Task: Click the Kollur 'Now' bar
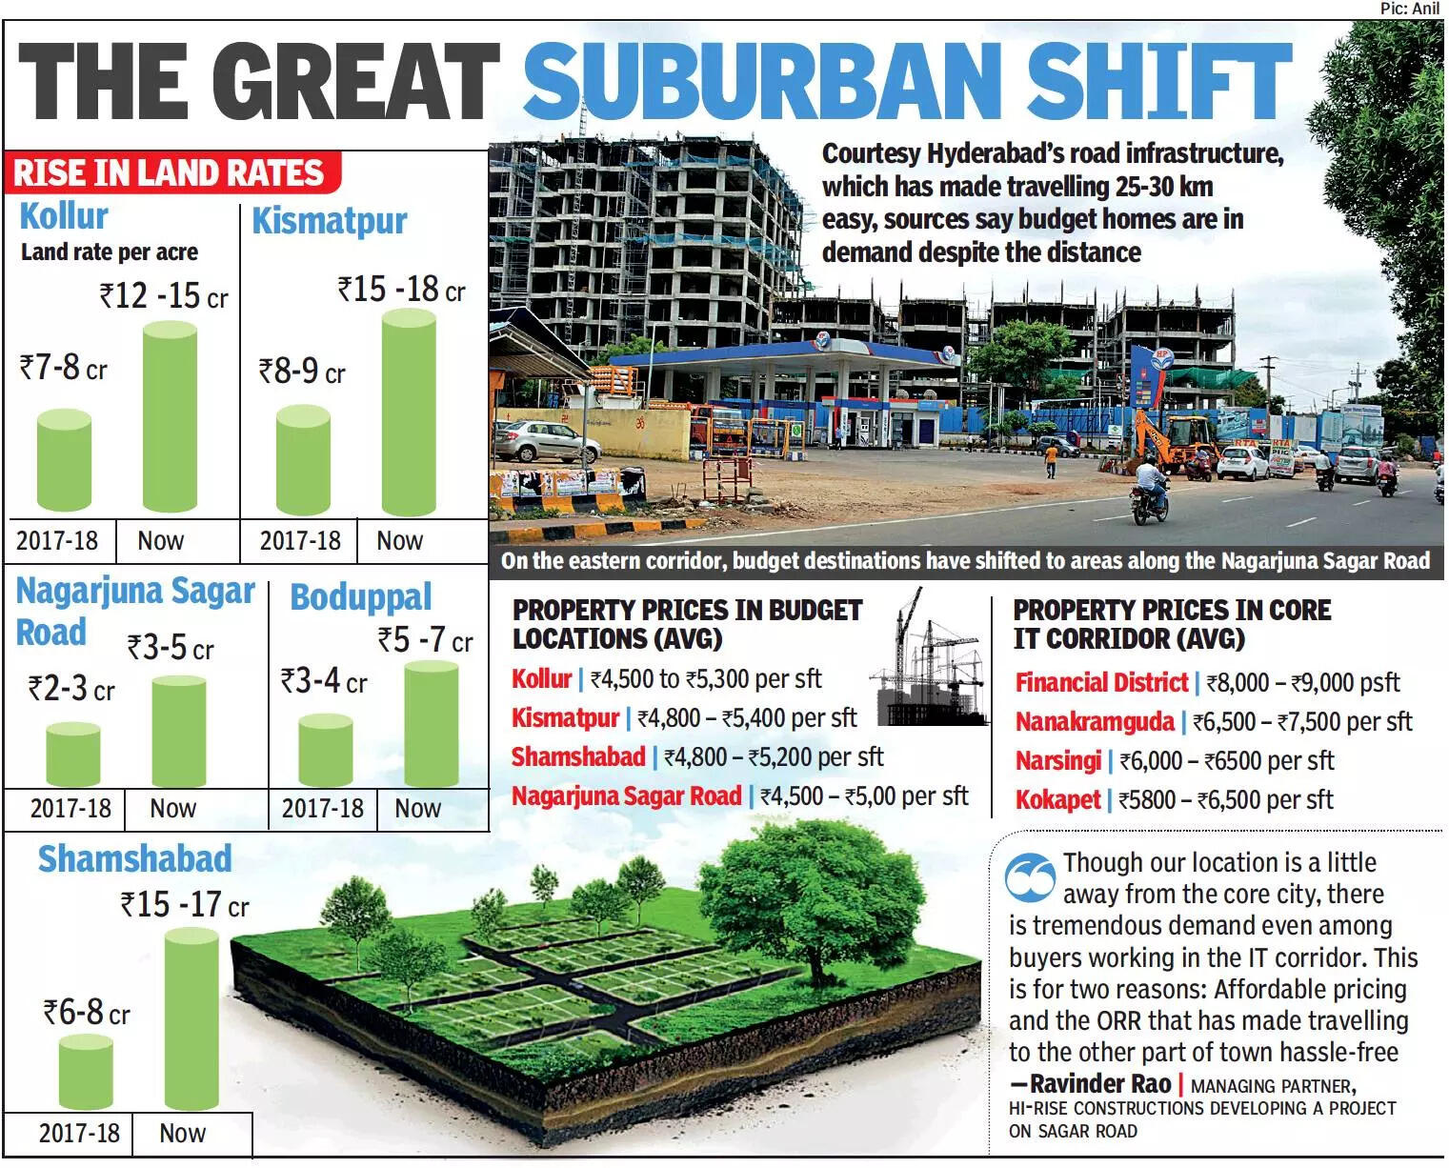tap(170, 417)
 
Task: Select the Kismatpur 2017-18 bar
tap(303, 461)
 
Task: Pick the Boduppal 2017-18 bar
tap(325, 751)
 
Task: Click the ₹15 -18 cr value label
tap(401, 289)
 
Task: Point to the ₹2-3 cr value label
tap(70, 688)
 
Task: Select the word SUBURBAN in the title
tap(761, 80)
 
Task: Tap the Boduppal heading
tap(360, 597)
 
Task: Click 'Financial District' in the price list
tap(1101, 682)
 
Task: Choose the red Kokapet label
tap(1057, 799)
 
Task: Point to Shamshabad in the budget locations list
tap(578, 756)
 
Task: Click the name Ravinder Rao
tap(1100, 1083)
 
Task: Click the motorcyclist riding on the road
tap(1150, 490)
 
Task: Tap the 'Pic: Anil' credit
tap(1409, 9)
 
